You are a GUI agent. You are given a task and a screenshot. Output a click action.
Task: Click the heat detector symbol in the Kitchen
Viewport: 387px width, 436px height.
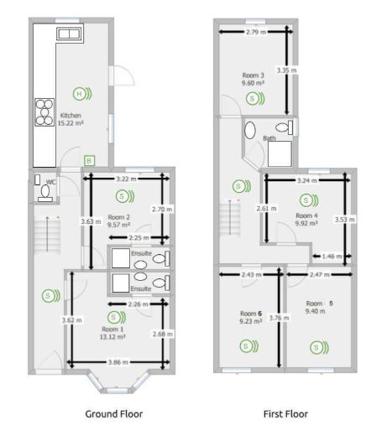[82, 94]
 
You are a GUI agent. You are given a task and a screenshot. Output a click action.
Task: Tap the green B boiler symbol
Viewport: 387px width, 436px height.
[89, 161]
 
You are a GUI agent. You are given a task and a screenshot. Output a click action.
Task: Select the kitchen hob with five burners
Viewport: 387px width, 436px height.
[44, 112]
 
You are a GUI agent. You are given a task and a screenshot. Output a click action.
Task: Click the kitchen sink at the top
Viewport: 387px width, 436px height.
[69, 34]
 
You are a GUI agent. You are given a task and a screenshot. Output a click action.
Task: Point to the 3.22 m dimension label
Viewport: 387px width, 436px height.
[126, 179]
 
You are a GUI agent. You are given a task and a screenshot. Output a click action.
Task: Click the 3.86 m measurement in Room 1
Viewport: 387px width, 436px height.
[118, 362]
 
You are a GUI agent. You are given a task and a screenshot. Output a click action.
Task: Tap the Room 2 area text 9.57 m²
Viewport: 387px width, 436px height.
[118, 225]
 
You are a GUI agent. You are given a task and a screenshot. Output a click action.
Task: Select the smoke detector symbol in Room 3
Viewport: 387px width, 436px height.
[255, 98]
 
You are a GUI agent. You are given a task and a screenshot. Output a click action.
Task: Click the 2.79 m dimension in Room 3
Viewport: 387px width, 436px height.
[256, 32]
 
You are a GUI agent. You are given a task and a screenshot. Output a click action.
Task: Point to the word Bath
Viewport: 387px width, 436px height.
[269, 138]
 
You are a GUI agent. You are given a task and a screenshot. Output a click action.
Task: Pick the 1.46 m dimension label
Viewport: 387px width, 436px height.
[332, 257]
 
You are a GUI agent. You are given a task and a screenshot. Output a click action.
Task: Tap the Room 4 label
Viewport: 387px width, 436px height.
[306, 215]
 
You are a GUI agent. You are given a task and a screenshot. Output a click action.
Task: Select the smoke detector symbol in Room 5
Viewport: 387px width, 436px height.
[319, 347]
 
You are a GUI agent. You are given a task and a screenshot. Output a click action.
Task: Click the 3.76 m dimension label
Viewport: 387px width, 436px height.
[279, 318]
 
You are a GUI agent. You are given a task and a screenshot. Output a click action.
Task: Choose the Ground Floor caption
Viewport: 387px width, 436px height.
[114, 414]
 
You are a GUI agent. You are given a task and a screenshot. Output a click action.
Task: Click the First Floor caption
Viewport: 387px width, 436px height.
[285, 414]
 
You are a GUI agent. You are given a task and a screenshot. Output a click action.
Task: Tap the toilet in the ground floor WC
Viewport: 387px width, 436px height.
[45, 193]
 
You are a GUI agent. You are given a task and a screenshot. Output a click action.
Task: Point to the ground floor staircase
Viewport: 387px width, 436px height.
[47, 234]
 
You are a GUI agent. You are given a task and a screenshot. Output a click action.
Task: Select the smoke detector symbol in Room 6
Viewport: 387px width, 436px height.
[248, 346]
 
